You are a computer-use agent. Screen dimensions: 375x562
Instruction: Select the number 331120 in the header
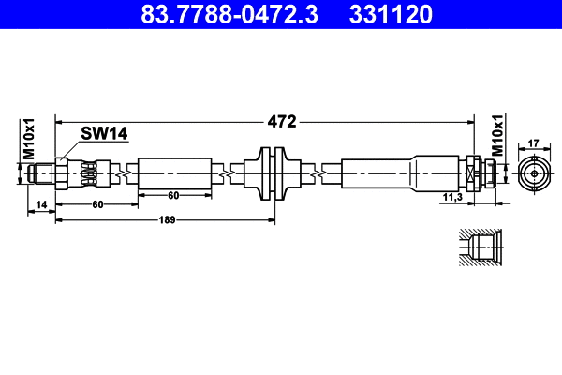pyautogui.click(x=392, y=15)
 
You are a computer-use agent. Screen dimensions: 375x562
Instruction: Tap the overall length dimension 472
pyautogui.click(x=283, y=121)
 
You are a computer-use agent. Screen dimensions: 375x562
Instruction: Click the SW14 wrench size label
pyautogui.click(x=103, y=134)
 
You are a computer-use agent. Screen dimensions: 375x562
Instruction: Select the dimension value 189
pyautogui.click(x=165, y=220)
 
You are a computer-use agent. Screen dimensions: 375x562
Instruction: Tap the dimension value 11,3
pyautogui.click(x=454, y=197)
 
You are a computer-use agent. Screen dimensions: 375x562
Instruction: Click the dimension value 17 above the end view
pyautogui.click(x=534, y=142)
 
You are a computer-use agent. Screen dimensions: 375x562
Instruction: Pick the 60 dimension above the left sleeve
pyautogui.click(x=173, y=195)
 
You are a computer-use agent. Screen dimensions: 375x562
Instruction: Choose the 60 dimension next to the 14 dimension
pyautogui.click(x=96, y=203)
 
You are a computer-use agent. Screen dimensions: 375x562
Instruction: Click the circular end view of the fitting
pyautogui.click(x=534, y=173)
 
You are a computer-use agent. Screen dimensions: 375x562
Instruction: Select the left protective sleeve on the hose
pyautogui.click(x=173, y=173)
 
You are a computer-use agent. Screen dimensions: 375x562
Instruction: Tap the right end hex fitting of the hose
pyautogui.click(x=477, y=173)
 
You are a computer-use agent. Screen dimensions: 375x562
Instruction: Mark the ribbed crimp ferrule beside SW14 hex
pyautogui.click(x=86, y=173)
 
